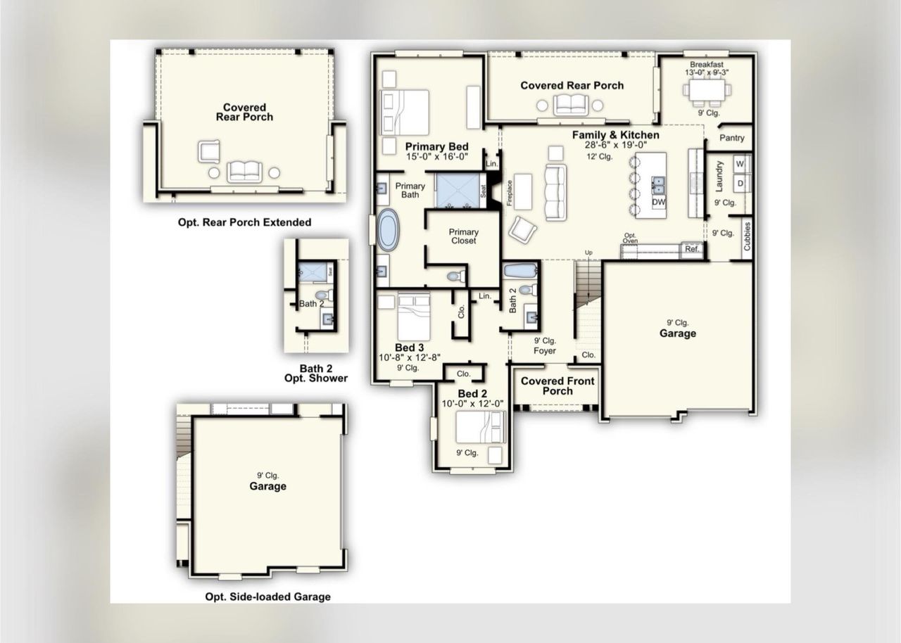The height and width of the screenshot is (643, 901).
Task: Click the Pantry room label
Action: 731,138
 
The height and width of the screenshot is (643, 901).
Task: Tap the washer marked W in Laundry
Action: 739,164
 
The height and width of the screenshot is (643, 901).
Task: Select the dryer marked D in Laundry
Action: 739,183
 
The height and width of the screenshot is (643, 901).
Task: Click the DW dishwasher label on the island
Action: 658,202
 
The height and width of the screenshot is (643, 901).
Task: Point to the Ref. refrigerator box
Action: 691,248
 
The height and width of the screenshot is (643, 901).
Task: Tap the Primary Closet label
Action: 463,236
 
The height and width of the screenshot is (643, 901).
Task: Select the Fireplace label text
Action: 509,191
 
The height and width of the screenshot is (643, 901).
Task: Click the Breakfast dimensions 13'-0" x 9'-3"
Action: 706,72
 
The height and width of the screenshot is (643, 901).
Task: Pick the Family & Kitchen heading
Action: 615,135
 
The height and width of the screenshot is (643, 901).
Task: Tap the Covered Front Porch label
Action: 557,386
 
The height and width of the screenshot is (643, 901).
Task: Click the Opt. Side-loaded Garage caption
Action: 267,597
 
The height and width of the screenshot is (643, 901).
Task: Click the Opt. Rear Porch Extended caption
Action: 244,222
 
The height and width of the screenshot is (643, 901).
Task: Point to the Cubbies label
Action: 748,236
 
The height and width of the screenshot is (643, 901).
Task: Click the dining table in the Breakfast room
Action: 707,91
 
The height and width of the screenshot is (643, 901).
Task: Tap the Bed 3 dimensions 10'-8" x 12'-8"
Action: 409,357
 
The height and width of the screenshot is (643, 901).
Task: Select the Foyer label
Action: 544,350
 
